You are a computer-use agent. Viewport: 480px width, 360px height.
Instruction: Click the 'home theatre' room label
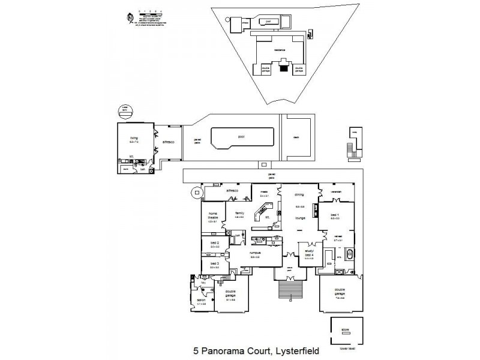click(212, 215)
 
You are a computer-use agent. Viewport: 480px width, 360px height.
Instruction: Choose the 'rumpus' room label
click(255, 254)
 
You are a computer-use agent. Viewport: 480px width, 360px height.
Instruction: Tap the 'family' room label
click(239, 214)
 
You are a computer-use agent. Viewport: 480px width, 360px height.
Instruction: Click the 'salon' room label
click(202, 301)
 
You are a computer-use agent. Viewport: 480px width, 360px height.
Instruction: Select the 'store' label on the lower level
click(344, 329)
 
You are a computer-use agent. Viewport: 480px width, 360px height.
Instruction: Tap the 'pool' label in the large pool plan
click(241, 136)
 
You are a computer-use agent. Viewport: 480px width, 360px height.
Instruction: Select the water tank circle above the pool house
click(124, 110)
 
